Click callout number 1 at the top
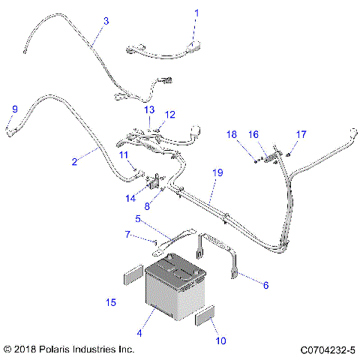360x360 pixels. click(x=197, y=13)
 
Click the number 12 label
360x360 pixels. click(x=170, y=115)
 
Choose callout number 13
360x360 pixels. click(x=150, y=109)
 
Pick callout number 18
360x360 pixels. click(x=232, y=134)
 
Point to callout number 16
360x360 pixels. click(x=253, y=134)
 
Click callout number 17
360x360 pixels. click(x=301, y=134)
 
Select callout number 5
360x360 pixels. click(x=137, y=219)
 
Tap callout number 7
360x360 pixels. click(x=127, y=235)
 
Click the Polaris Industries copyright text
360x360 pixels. click(x=69, y=349)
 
